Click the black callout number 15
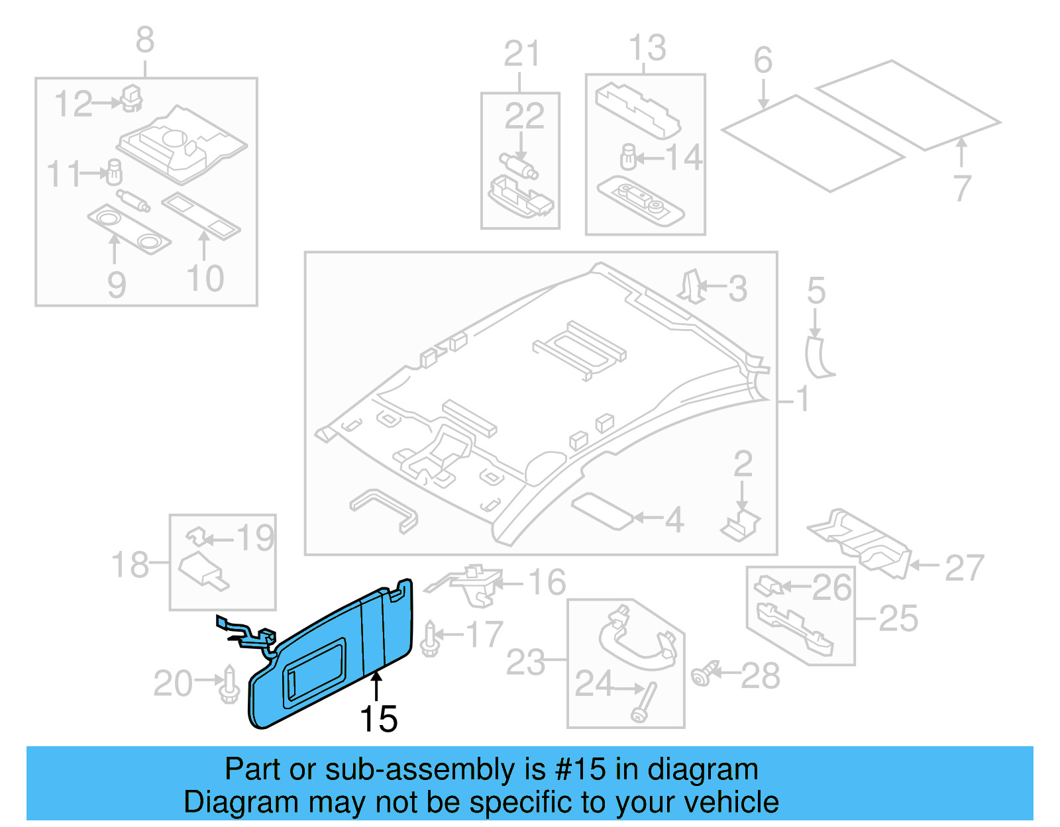378,719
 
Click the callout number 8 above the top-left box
145,40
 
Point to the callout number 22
524,117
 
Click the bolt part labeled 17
431,640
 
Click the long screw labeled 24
645,702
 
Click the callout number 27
964,568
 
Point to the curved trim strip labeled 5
818,358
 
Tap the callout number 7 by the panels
962,188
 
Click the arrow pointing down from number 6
763,93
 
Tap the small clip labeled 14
628,157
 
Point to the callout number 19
255,538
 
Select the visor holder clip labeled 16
472,584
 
